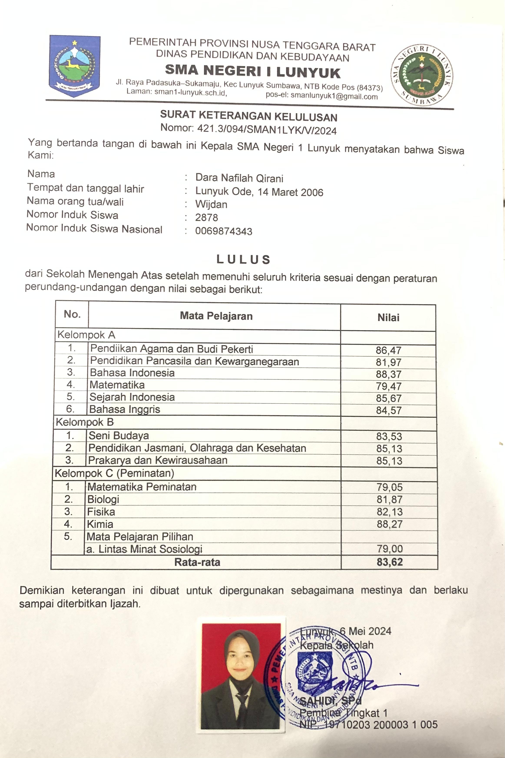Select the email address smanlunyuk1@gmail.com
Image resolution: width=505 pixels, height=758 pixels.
tap(334, 96)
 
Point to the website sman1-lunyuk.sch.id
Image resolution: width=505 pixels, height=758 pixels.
tap(191, 92)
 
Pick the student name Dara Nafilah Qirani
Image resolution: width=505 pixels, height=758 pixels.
tap(239, 178)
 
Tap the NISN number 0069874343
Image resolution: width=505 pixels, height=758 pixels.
tap(224, 231)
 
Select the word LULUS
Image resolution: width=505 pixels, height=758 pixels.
tap(243, 259)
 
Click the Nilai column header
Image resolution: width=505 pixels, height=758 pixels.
tap(388, 318)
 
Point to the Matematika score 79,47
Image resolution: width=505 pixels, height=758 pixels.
tap(389, 386)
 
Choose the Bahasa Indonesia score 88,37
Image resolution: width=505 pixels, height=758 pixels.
tap(389, 374)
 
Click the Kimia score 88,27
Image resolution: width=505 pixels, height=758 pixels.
tap(390, 524)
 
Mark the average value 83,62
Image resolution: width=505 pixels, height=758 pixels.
tap(390, 562)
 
